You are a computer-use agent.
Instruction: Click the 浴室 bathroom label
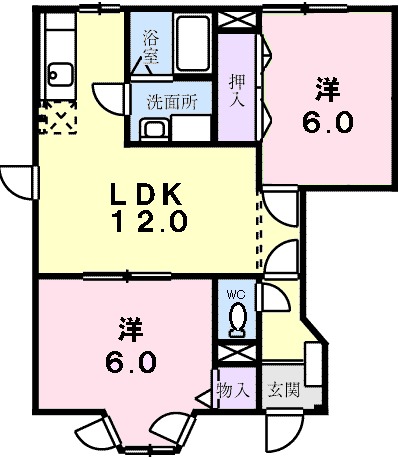pos(151,48)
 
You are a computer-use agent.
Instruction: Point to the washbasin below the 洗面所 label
pos(154,129)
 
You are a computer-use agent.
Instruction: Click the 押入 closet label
pos(237,89)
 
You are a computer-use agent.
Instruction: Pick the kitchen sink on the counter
pos(57,74)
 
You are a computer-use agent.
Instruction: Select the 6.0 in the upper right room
pos(326,122)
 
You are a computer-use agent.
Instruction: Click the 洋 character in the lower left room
pos(128,327)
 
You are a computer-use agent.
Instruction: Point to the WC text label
pos(236,295)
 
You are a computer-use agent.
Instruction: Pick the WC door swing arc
pos(268,299)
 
